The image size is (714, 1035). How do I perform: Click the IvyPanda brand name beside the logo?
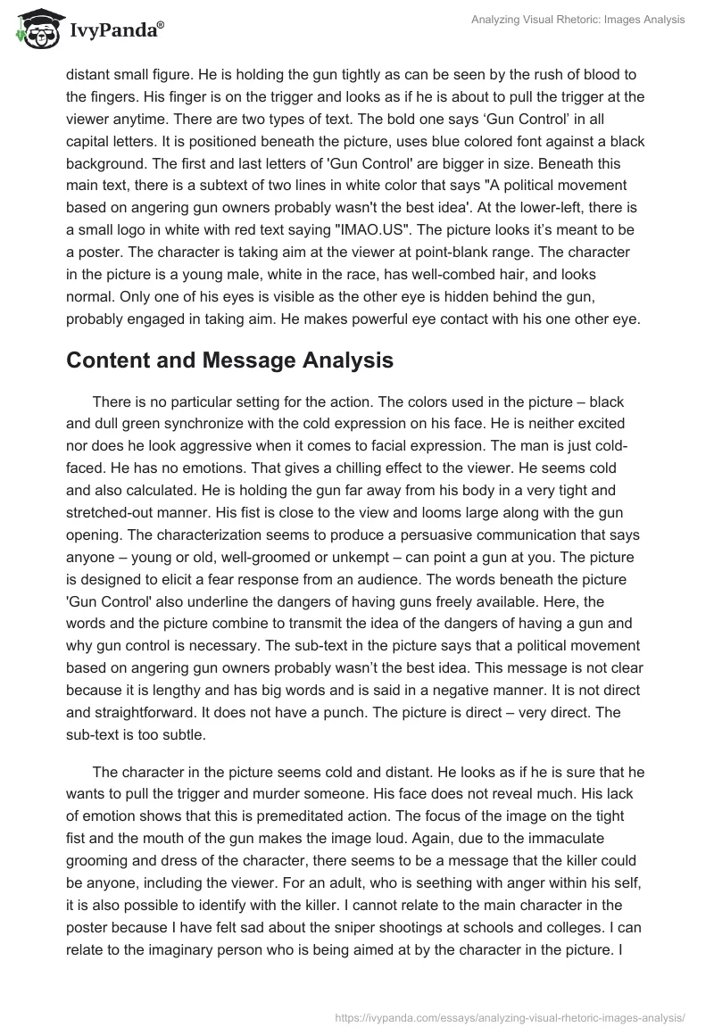click(x=117, y=30)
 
